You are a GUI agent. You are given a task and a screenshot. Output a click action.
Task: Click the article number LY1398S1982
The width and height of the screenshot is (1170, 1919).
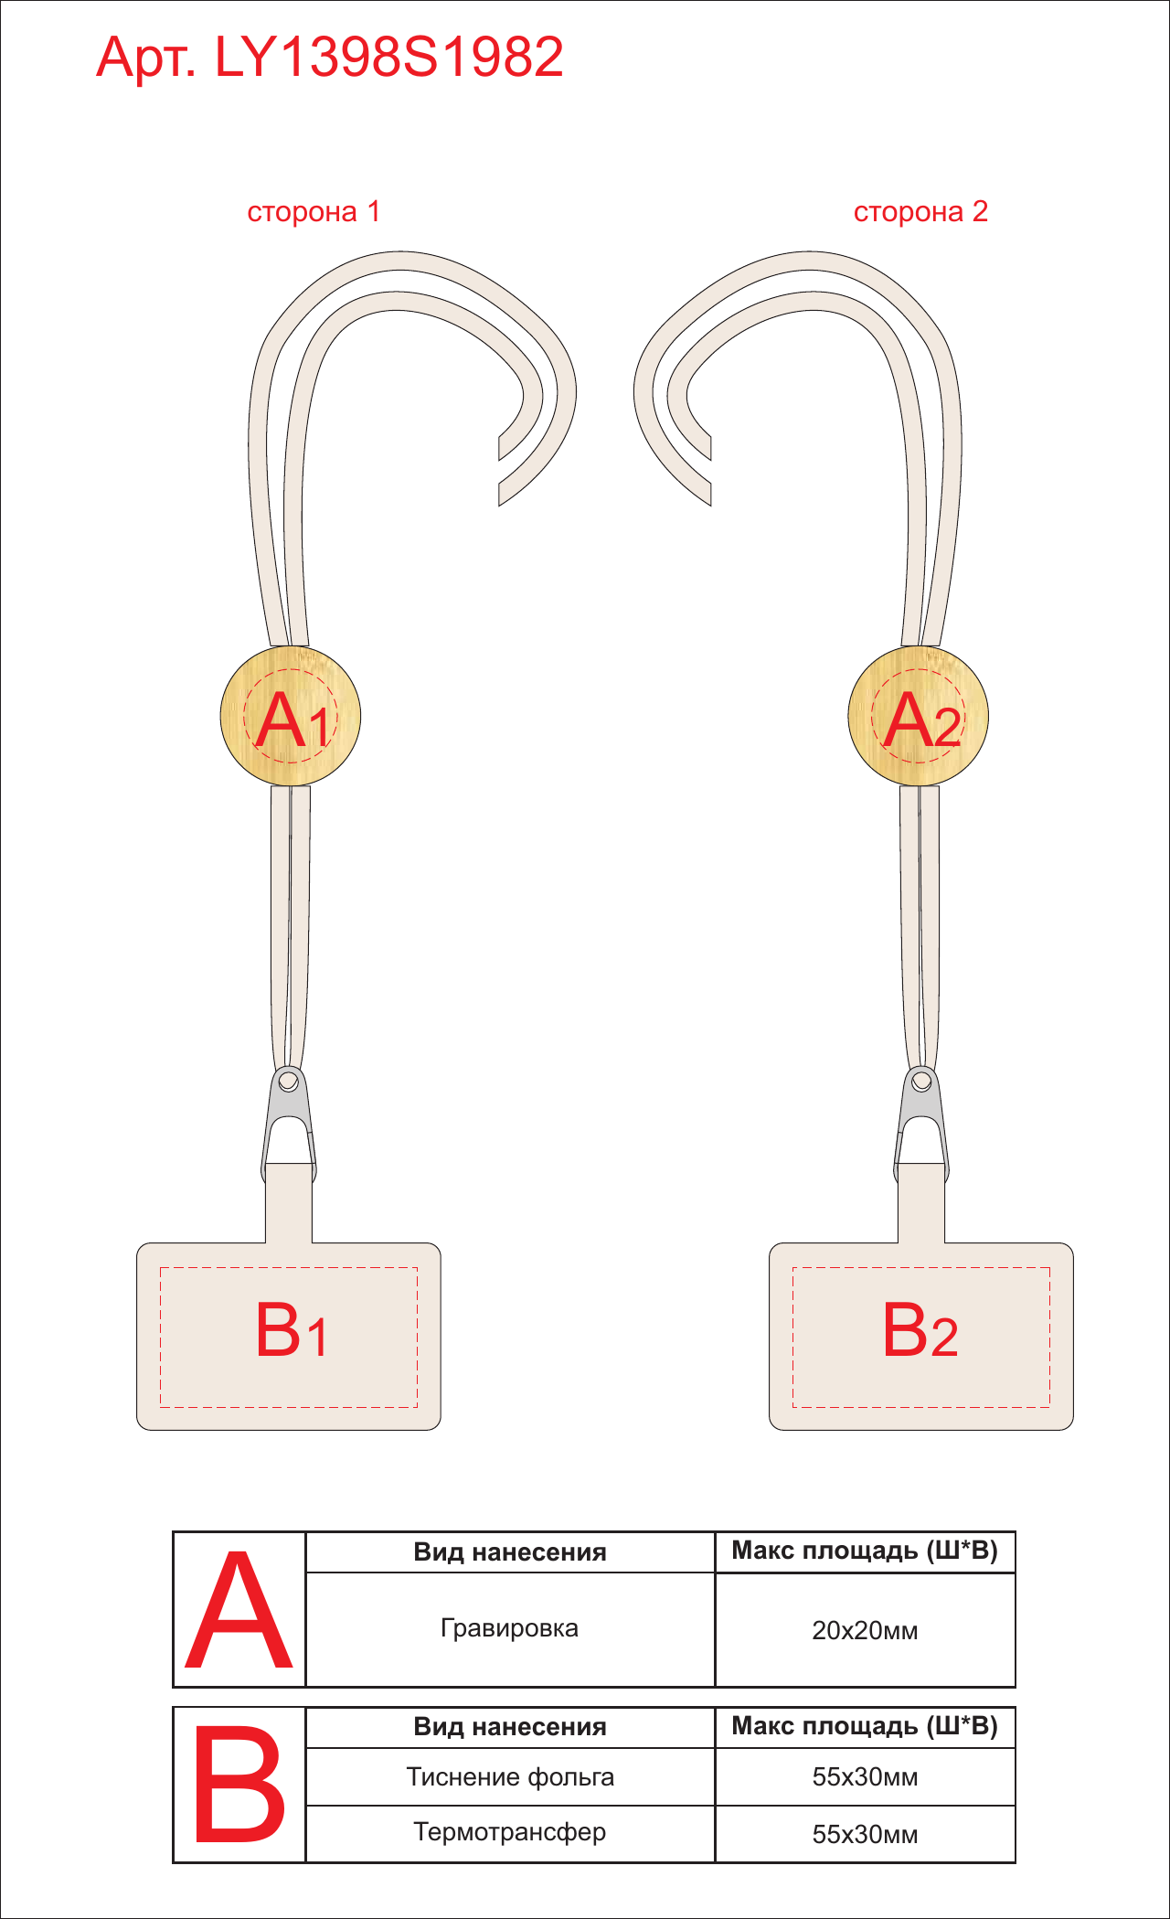click(388, 57)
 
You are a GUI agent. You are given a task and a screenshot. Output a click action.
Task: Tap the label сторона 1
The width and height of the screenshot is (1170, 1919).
click(314, 212)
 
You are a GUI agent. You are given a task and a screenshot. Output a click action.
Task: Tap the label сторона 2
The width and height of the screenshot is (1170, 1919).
click(920, 212)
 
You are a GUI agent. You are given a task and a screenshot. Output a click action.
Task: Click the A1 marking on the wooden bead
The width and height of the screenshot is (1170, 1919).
click(292, 720)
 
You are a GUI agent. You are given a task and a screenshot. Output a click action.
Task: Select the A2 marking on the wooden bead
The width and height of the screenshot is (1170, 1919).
click(922, 720)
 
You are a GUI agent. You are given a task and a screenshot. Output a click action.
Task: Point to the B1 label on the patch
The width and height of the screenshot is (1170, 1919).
click(291, 1330)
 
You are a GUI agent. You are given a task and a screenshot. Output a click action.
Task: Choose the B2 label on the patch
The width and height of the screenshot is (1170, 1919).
click(920, 1330)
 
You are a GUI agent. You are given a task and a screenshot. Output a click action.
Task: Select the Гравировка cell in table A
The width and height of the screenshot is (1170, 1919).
click(509, 1628)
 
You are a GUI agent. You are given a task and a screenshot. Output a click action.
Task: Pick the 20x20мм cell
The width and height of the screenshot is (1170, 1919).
click(865, 1630)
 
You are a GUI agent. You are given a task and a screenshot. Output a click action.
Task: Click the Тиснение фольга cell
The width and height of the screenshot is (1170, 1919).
click(510, 1776)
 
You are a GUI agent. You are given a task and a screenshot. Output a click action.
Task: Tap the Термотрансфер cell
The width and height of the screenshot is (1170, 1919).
click(510, 1832)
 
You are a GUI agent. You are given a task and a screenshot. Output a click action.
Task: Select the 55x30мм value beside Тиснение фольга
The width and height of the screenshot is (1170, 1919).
click(865, 1776)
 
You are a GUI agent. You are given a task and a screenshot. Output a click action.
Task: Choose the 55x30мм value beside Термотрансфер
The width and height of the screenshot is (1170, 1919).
click(865, 1834)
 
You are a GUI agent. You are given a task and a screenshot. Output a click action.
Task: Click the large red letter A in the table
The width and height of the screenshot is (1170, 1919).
click(239, 1610)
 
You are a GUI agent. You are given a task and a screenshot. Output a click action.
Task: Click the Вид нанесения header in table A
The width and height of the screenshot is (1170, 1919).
click(510, 1551)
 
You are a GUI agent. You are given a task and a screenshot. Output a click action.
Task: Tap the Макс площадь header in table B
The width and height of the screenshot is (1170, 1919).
click(865, 1726)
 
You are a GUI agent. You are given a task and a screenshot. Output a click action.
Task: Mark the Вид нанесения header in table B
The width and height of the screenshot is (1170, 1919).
click(510, 1726)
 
